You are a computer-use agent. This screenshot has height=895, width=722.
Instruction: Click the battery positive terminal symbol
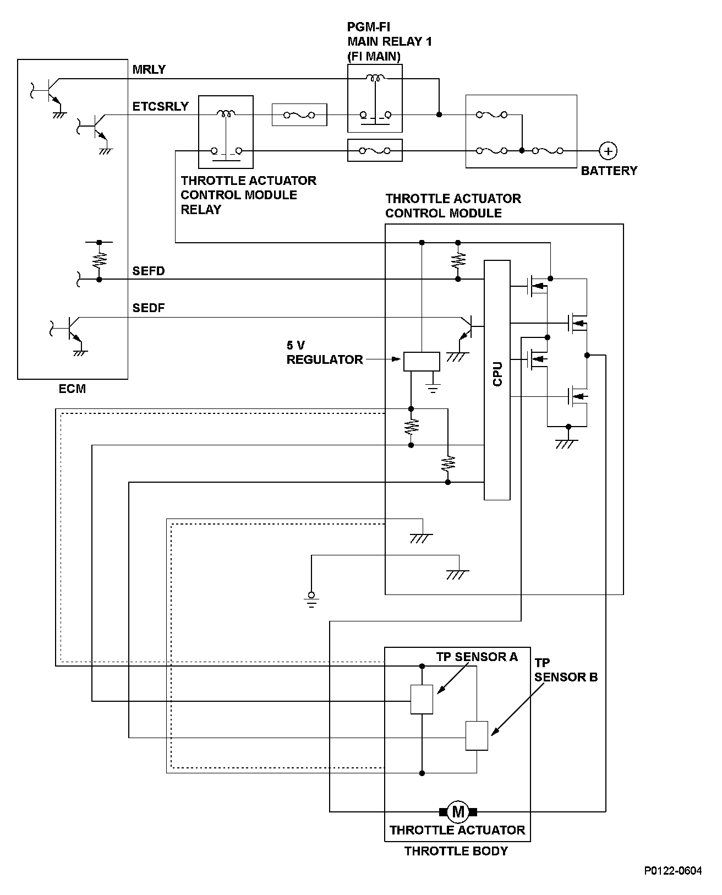608,151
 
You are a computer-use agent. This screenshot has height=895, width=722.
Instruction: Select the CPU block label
497,374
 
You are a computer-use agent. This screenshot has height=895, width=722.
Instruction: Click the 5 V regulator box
422,362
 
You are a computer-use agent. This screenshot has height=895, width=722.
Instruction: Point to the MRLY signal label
149,69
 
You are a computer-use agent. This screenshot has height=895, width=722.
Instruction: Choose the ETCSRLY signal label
161,106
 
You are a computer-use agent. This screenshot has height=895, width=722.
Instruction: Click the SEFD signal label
149,271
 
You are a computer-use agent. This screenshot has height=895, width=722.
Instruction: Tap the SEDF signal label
149,308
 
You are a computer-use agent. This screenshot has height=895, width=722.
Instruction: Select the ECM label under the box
73,389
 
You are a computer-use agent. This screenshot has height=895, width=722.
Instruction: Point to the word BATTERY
609,171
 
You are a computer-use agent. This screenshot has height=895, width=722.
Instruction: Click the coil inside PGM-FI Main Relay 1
375,78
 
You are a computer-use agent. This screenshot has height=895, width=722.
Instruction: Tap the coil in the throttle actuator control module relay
226,113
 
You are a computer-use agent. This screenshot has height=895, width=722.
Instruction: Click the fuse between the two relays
299,115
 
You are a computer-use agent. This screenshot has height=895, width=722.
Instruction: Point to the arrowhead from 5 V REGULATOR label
396,359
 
